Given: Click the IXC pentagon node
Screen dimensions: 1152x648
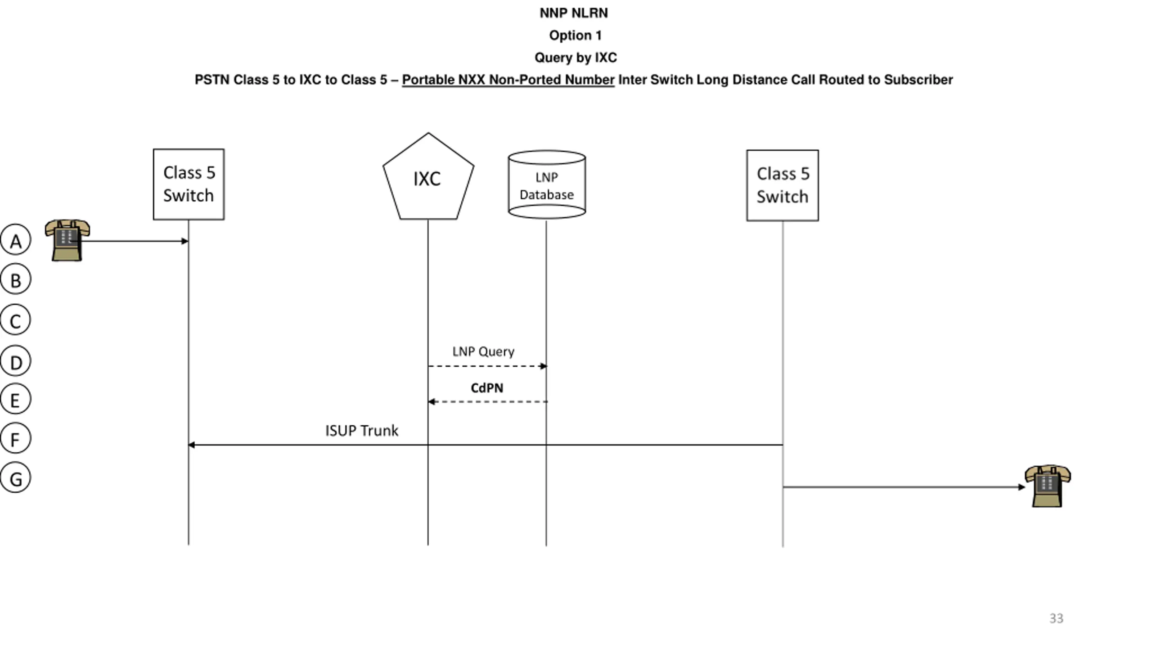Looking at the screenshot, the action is [x=428, y=176].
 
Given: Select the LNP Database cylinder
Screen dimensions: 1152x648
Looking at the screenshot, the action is [x=547, y=184].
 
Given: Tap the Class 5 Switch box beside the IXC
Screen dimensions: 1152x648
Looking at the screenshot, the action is [x=189, y=184].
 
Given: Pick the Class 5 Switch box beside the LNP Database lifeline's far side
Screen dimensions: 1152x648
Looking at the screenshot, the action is [x=783, y=185].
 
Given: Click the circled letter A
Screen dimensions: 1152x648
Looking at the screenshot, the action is [x=16, y=240].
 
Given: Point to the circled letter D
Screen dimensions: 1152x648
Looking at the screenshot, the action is [x=16, y=361].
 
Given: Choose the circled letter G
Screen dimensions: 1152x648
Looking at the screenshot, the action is [x=16, y=477].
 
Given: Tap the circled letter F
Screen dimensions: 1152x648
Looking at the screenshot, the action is [x=16, y=438].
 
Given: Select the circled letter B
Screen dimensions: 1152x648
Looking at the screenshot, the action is [x=16, y=279].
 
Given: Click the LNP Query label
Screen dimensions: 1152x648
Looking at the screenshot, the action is [x=483, y=351].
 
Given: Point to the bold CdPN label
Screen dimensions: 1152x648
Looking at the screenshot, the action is [x=487, y=388].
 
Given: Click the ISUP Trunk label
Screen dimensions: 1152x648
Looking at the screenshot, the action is [x=362, y=431].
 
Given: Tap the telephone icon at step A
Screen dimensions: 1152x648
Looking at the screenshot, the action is [x=67, y=240].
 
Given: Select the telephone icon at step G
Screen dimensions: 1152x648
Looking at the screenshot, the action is [x=1048, y=486].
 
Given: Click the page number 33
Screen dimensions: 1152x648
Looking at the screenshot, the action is [x=1056, y=618].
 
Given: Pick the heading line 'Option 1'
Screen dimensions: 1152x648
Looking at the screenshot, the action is [x=575, y=35].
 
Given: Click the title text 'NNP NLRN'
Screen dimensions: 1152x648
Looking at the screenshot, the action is [x=574, y=13].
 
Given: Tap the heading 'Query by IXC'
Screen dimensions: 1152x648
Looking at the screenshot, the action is [x=576, y=58].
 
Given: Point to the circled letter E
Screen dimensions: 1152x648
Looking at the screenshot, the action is [x=16, y=399].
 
